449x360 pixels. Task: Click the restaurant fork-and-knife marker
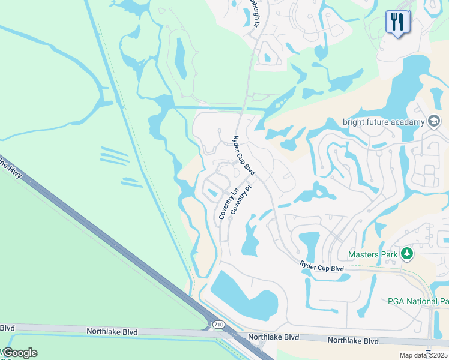[x=397, y=22]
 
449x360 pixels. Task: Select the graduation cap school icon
[x=433, y=121]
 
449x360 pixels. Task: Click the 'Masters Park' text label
[x=373, y=254]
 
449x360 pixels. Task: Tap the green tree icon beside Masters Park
[x=407, y=254]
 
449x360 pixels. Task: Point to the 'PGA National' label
[x=418, y=301]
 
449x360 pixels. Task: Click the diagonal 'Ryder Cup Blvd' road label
[x=244, y=155]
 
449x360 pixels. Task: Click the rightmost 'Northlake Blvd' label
[x=353, y=340]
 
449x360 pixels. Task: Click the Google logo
[x=19, y=353]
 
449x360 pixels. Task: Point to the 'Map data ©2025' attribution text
[x=423, y=355]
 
